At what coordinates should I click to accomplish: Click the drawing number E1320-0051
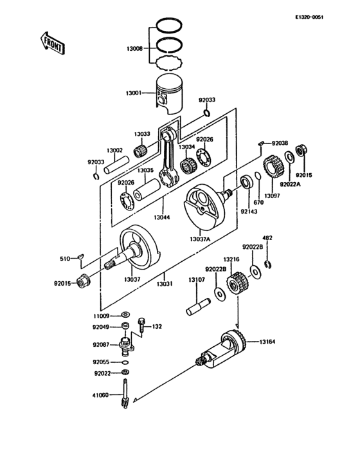[327, 17]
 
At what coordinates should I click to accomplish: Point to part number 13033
[141, 134]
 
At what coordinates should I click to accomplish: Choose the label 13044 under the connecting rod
[162, 218]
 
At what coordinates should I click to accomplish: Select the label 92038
[280, 143]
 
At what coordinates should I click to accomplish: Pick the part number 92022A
[290, 184]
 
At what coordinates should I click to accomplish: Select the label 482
[269, 238]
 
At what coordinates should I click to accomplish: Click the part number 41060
[102, 396]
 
